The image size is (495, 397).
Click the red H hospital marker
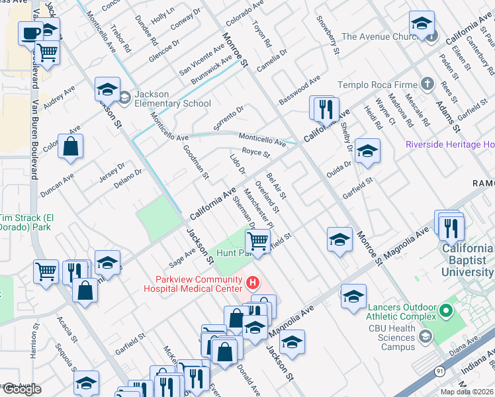pyautogui.click(x=252, y=284)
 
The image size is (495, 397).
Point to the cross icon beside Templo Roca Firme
pyautogui.click(x=427, y=85)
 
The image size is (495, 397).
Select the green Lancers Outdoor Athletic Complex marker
pyautogui.click(x=446, y=310)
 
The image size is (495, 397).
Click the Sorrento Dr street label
pyautogui.click(x=229, y=117)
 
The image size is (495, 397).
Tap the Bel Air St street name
pyautogui.click(x=276, y=186)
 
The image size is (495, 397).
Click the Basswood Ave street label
pyautogui.click(x=299, y=87)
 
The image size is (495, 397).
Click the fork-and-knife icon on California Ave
pyautogui.click(x=326, y=109)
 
